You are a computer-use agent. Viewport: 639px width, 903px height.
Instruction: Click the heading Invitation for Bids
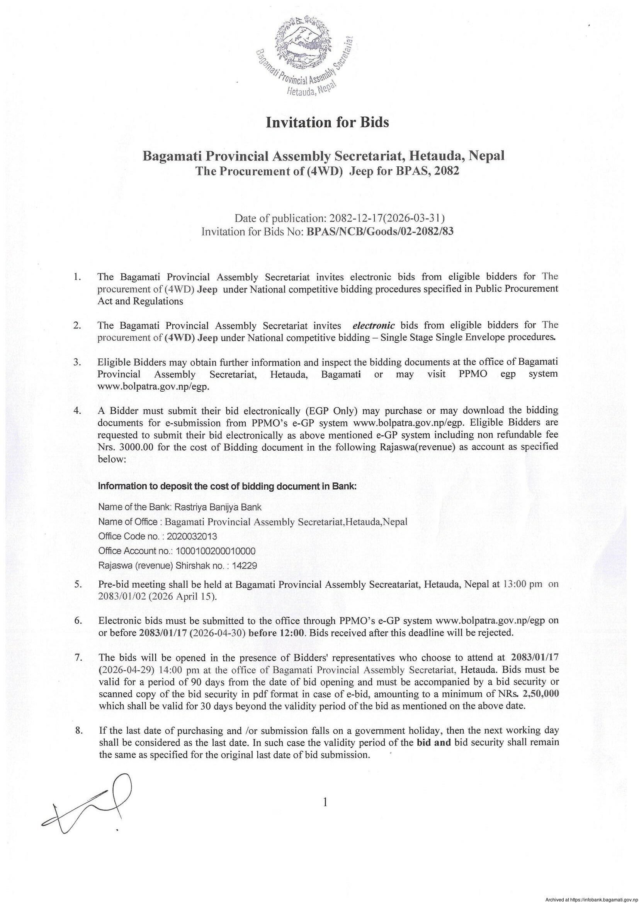327,123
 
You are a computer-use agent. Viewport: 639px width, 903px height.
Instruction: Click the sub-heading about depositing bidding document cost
227,486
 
